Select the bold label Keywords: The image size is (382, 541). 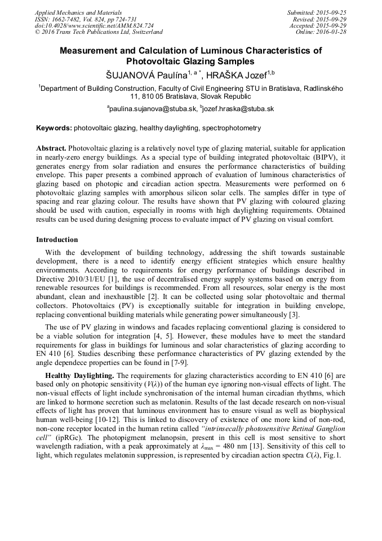tap(54, 129)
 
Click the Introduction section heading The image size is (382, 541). tap(57, 240)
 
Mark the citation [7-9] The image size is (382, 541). tap(176, 362)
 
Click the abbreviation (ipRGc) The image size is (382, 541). tap(70, 438)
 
